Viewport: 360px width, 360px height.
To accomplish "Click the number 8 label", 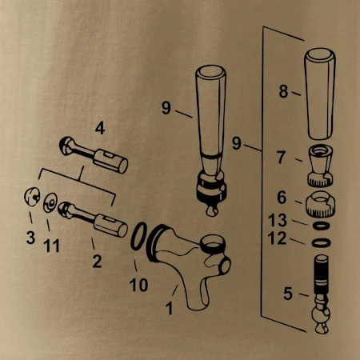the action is point(284,91).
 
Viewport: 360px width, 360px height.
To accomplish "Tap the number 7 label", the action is point(282,158).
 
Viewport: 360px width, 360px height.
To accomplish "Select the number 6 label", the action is point(282,198).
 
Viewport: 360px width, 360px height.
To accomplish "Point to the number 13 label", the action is point(278,220).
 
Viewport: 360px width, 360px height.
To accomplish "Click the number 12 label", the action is point(277,238).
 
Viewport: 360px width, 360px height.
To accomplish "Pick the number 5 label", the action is point(288,294).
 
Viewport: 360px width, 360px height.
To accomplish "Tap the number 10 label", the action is point(138,285).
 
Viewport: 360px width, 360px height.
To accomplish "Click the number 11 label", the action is point(51,246).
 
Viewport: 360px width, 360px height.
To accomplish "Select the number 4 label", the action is point(100,129).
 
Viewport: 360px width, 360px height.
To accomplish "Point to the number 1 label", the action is point(170,308).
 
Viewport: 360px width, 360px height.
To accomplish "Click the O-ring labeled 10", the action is point(139,236).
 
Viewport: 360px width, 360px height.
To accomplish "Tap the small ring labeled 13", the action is point(321,226).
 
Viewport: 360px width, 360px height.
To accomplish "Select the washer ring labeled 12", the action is point(322,243).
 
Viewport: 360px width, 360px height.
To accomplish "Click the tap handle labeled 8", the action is point(320,94).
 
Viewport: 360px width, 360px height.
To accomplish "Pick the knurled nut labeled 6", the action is point(320,204).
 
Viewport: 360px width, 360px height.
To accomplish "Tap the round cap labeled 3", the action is point(32,197).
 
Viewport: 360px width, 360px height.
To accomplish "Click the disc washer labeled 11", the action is point(50,202).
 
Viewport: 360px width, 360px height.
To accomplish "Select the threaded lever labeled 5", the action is point(321,294).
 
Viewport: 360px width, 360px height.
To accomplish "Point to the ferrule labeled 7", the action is point(321,166).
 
